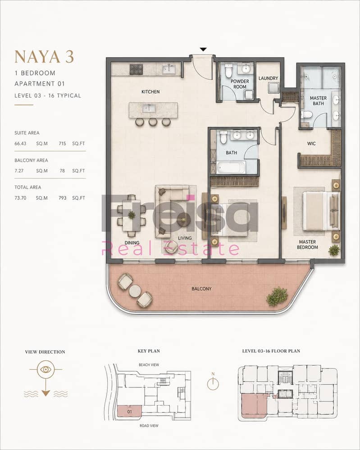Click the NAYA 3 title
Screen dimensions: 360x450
(x=44, y=57)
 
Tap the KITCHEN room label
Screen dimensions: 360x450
(x=150, y=92)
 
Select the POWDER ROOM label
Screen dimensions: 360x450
(x=240, y=84)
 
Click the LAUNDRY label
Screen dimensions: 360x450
(x=268, y=78)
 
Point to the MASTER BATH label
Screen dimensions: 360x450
(x=318, y=101)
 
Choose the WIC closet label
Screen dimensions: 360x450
(x=311, y=144)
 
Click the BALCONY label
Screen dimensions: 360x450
(x=201, y=289)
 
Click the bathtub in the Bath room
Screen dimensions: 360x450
(x=231, y=167)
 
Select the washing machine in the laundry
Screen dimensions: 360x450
(x=273, y=88)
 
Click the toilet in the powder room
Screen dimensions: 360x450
(x=228, y=71)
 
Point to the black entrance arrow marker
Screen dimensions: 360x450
(x=203, y=50)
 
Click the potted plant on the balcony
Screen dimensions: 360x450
(x=277, y=296)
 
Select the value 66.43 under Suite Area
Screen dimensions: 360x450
(x=20, y=144)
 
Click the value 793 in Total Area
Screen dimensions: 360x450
(x=62, y=198)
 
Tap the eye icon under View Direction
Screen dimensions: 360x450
(x=46, y=369)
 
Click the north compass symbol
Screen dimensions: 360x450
(x=213, y=383)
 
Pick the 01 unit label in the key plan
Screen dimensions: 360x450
(x=129, y=412)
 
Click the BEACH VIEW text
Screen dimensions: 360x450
(x=149, y=365)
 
